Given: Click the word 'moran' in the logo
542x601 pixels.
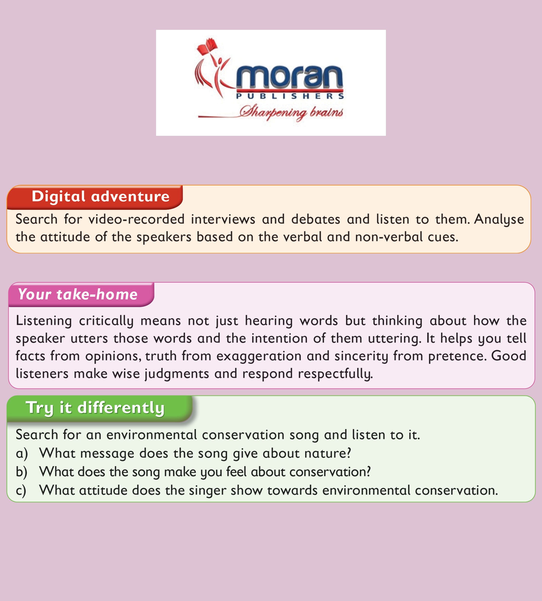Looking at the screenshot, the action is click(290, 76).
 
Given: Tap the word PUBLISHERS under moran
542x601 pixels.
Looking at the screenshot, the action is click(290, 96).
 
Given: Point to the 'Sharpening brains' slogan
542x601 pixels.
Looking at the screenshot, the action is click(291, 112).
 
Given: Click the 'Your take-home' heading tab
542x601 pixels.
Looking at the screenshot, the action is click(81, 294).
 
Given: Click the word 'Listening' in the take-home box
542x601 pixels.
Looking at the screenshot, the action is click(44, 321).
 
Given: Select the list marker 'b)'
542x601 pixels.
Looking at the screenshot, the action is click(21, 472).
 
